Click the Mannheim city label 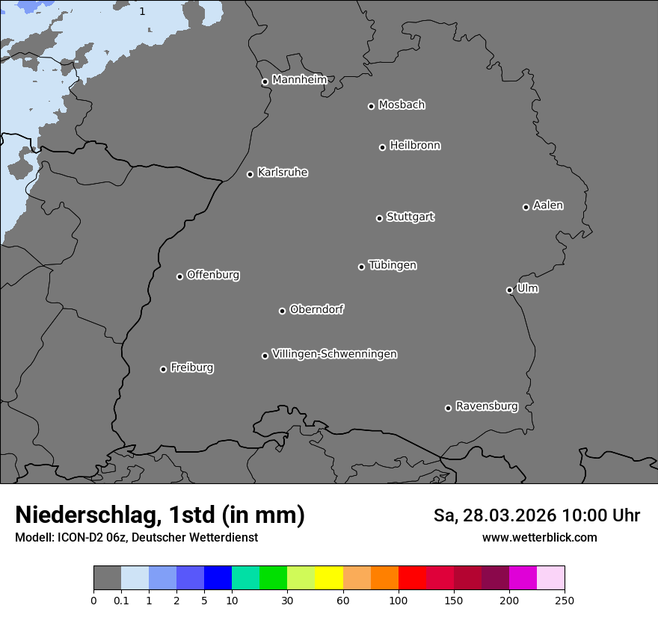click(299, 79)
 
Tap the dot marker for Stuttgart click(379, 218)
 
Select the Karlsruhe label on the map click(283, 173)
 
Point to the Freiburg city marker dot click(163, 369)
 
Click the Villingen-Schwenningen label click(334, 354)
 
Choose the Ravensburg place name click(487, 406)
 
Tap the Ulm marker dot click(509, 290)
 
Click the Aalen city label click(548, 205)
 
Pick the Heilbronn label click(415, 146)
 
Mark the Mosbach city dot click(371, 106)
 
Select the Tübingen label click(393, 265)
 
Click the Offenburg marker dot click(179, 276)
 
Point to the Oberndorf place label click(317, 309)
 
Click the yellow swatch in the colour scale click(329, 578)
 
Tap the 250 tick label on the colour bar click(565, 600)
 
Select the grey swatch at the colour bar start click(107, 578)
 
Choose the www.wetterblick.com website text click(540, 538)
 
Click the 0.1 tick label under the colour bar click(121, 600)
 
